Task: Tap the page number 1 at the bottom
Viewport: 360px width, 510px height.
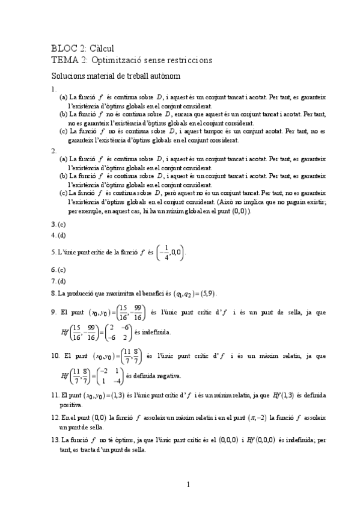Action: click(188, 484)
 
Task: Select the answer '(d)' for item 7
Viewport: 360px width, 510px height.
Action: click(62, 281)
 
